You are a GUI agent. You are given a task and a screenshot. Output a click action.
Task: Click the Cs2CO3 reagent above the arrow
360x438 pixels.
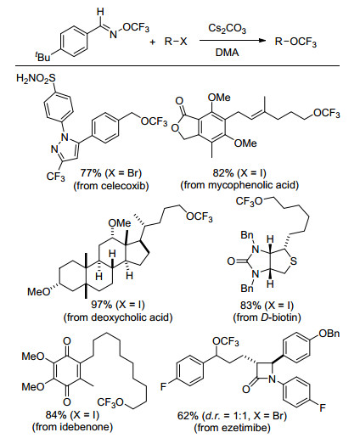[227, 29]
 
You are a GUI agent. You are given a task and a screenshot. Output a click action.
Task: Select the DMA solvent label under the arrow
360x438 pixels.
[227, 53]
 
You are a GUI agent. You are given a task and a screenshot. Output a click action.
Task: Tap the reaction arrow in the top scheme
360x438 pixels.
[233, 41]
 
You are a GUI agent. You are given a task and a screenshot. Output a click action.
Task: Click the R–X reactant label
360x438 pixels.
[176, 42]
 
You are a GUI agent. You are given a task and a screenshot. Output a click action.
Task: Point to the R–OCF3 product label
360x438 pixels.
[295, 42]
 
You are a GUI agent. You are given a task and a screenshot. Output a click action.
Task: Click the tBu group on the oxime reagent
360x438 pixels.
[42, 57]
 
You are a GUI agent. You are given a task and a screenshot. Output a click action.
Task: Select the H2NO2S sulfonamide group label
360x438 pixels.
[36, 78]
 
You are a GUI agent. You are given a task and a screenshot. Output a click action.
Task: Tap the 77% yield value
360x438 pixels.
[91, 172]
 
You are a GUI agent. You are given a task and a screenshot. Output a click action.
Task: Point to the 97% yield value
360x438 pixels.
[102, 305]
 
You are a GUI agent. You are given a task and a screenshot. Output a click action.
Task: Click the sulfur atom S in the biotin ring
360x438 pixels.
[294, 261]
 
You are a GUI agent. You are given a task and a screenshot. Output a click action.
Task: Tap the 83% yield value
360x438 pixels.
[250, 305]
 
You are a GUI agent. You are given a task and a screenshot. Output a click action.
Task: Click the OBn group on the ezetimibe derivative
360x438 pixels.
[329, 334]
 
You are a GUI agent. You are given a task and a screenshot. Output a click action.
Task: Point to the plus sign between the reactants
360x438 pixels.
[153, 42]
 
